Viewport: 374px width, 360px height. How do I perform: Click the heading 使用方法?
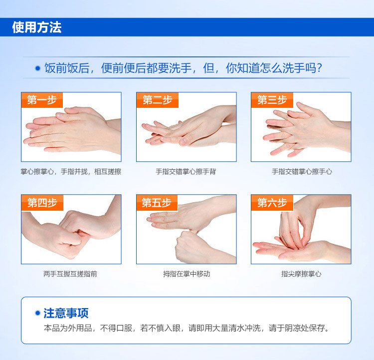[x=37, y=27]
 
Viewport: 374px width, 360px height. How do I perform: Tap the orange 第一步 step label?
[x=42, y=100]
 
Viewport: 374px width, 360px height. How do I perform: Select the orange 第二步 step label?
[x=158, y=100]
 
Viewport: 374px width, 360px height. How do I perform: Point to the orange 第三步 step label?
[x=272, y=100]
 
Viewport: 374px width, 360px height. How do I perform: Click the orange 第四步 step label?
[x=42, y=203]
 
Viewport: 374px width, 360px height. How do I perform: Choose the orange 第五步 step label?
[x=157, y=203]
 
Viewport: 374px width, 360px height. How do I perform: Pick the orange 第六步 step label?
[x=272, y=203]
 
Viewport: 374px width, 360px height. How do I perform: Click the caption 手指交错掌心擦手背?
[x=186, y=172]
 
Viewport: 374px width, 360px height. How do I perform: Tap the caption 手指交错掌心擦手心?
[x=302, y=172]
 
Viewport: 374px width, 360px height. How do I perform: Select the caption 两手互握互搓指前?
[x=70, y=274]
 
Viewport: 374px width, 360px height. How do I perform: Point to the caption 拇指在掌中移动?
[x=187, y=274]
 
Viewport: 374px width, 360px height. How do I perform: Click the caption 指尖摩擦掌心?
[x=301, y=274]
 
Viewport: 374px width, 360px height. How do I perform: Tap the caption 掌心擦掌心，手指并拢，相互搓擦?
[x=71, y=172]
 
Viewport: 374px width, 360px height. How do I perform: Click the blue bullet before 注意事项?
[x=37, y=313]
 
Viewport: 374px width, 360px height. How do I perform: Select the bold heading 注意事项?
[x=66, y=313]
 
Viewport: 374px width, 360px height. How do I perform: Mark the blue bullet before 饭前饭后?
[x=38, y=68]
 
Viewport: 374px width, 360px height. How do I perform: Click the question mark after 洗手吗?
[x=319, y=68]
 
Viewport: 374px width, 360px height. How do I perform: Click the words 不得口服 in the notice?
[x=116, y=328]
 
